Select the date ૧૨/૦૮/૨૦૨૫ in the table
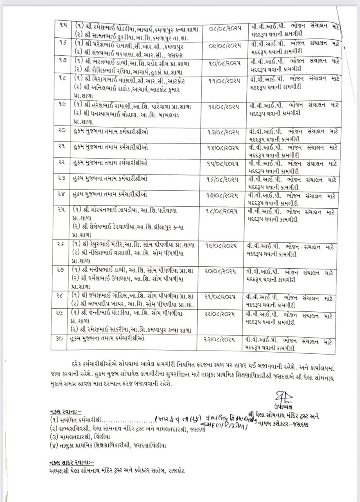[225, 106]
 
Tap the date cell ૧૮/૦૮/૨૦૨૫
[225, 211]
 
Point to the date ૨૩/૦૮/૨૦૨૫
[225, 338]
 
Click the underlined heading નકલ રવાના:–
[65, 411]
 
